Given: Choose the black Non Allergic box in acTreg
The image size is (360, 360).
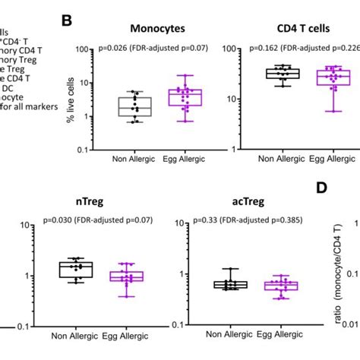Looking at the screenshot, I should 225,284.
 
